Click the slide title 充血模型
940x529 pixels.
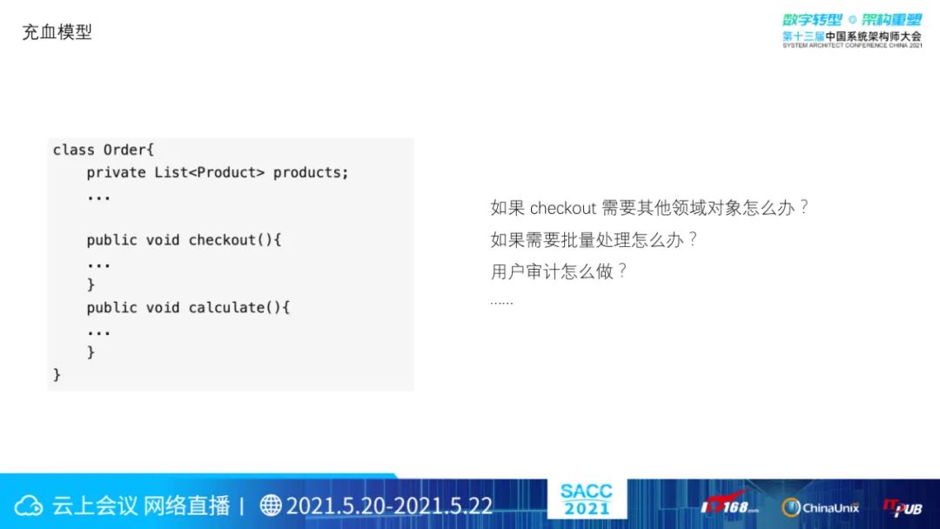(x=57, y=31)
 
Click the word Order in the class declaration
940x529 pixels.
(x=124, y=149)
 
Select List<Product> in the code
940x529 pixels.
(x=209, y=172)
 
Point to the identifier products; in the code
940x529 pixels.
(x=311, y=172)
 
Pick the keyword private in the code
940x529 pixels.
(x=116, y=172)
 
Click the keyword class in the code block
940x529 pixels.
(x=74, y=149)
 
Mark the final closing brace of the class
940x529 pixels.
(x=57, y=375)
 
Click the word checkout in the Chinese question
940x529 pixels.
(x=563, y=208)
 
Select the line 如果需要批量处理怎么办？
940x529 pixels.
(x=594, y=239)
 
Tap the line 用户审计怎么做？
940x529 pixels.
(x=559, y=271)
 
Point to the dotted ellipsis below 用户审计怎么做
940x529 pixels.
(x=501, y=303)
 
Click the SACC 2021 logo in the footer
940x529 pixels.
(x=587, y=499)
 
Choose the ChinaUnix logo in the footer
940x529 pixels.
(x=820, y=507)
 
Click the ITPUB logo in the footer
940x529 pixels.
(x=903, y=507)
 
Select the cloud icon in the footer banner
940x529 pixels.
(x=28, y=506)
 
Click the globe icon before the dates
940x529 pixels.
(x=271, y=505)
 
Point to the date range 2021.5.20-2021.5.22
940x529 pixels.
(x=389, y=506)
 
